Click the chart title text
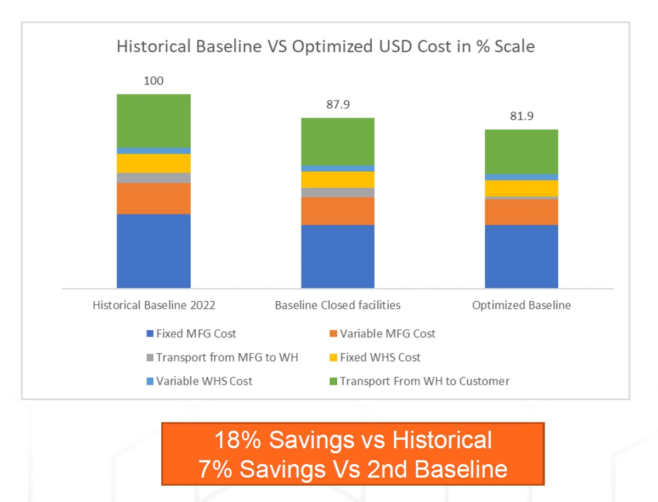(x=325, y=47)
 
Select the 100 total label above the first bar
(x=154, y=81)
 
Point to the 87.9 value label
(x=338, y=105)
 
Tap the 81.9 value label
(x=521, y=116)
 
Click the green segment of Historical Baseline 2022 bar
(x=154, y=121)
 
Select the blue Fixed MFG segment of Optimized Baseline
(x=521, y=256)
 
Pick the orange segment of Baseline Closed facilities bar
(x=338, y=211)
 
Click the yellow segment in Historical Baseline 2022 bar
(x=154, y=163)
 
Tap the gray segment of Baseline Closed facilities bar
(x=338, y=192)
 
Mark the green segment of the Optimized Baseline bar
(x=521, y=151)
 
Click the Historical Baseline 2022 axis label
(x=154, y=305)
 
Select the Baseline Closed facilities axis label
(x=338, y=305)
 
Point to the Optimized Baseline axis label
(x=521, y=305)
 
